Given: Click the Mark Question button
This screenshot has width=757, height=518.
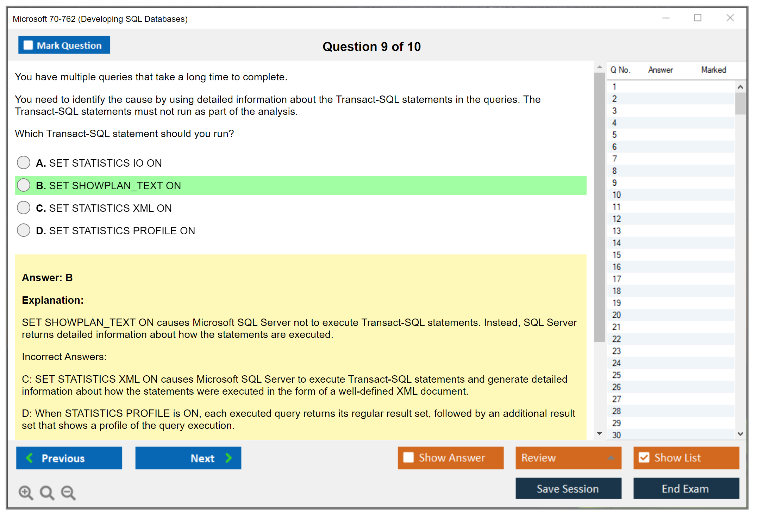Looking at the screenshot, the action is (64, 45).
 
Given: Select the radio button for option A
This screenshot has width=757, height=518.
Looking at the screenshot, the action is (24, 162).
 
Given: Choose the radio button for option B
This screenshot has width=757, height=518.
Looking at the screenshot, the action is (24, 185).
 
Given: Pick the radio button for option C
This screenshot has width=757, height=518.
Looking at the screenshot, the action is (24, 208).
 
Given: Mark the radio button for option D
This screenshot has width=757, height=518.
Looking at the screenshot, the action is (24, 230).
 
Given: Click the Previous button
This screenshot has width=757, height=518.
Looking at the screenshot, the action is (69, 458).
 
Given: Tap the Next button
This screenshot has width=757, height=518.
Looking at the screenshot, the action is (188, 458).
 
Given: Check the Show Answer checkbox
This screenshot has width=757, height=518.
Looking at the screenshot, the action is (408, 457).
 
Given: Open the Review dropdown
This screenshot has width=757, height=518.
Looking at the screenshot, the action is (568, 458).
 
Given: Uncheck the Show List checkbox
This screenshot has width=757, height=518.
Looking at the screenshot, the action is (644, 457).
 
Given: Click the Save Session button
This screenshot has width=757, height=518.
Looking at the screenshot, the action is (568, 488).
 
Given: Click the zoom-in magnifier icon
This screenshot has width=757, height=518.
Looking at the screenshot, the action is (26, 493).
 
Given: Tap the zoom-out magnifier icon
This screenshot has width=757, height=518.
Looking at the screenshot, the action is (68, 493).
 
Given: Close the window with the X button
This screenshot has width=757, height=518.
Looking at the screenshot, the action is (730, 18).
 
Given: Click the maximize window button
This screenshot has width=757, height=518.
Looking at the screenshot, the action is (698, 18).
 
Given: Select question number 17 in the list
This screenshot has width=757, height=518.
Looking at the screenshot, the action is (617, 279).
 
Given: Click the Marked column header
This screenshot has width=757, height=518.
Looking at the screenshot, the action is (714, 70).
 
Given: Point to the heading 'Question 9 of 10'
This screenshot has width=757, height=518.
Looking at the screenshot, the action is (372, 47).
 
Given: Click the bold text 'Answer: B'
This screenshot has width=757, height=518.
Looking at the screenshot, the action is (47, 278).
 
